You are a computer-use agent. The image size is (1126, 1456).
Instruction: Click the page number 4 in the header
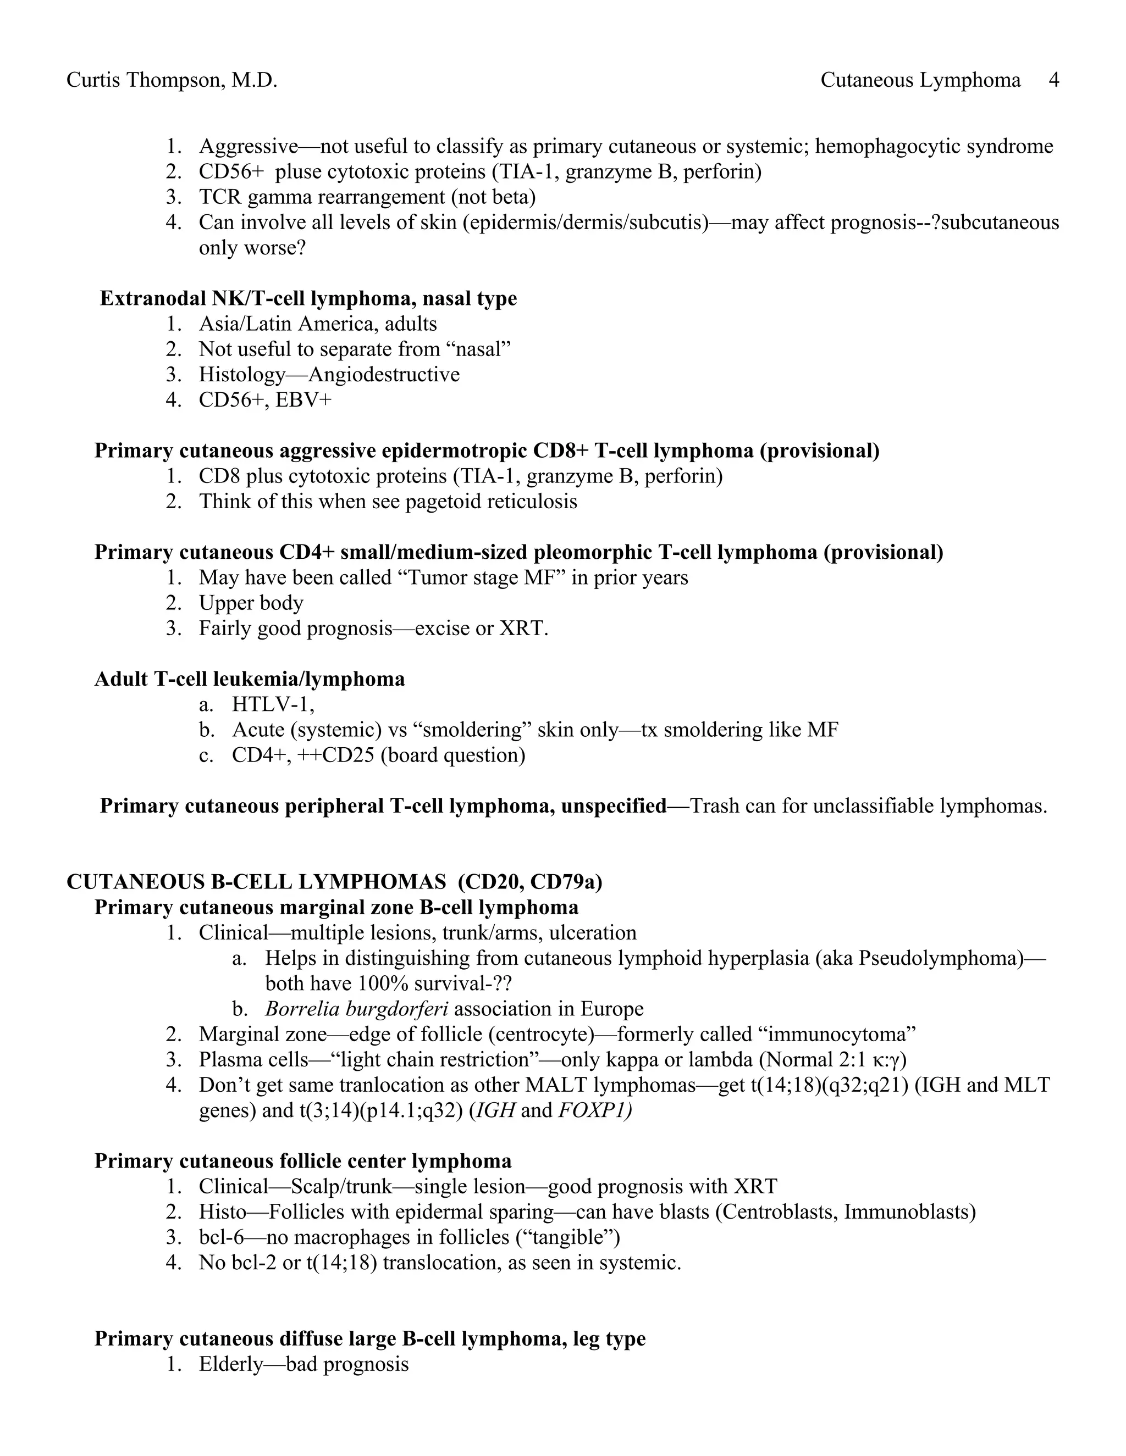click(1054, 81)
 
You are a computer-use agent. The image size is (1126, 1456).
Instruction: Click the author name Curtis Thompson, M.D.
click(172, 81)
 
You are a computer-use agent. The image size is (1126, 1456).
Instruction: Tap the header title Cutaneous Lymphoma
click(920, 81)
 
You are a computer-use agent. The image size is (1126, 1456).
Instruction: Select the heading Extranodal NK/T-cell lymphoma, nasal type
click(308, 299)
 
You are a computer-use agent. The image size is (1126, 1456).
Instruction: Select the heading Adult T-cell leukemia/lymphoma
click(250, 679)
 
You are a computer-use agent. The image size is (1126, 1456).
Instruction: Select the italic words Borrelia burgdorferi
click(356, 1009)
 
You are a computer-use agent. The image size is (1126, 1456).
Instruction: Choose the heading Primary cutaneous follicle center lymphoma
click(303, 1162)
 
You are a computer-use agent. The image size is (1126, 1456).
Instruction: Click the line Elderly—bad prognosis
click(303, 1365)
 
